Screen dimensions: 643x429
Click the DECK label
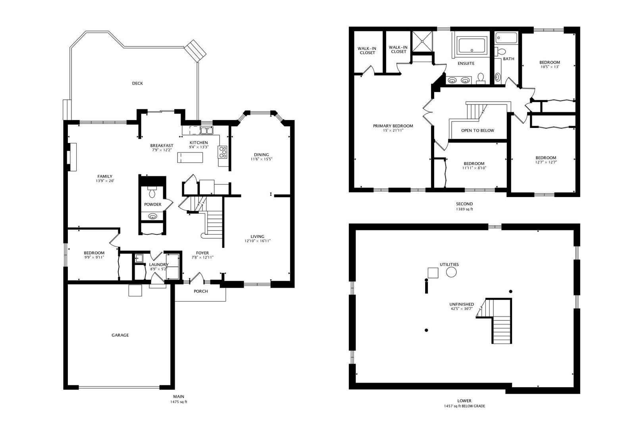137,83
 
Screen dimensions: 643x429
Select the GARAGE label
120,335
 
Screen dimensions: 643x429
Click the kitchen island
190,157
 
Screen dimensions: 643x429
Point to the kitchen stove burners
223,152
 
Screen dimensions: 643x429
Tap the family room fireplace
72,157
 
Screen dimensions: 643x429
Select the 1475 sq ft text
179,402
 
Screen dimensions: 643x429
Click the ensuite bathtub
472,46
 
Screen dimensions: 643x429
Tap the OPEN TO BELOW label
477,130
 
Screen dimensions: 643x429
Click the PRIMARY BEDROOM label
393,126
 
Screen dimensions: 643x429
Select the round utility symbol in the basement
451,272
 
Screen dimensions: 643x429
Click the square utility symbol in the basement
433,272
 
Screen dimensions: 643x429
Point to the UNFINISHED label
462,304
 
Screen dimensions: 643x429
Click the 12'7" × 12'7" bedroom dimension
546,162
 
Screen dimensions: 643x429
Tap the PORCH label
201,292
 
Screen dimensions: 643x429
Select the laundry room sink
139,258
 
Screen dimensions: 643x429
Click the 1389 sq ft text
464,209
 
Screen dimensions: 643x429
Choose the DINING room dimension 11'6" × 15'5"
261,159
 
